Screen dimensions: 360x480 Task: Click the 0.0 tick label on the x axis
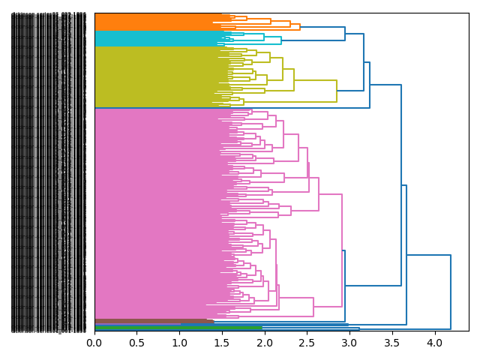(x=94, y=343)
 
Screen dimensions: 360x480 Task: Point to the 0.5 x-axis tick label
(x=136, y=343)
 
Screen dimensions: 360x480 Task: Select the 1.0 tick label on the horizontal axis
(x=179, y=343)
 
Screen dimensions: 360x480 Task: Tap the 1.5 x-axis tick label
(x=222, y=343)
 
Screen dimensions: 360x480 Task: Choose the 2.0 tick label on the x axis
(x=265, y=343)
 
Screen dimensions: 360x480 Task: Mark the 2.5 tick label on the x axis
(x=307, y=343)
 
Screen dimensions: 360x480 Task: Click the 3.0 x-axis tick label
(x=349, y=343)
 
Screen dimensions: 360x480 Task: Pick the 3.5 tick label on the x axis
(x=392, y=343)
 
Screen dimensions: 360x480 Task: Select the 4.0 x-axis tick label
(x=434, y=343)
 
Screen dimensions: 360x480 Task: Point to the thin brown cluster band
(x=150, y=321)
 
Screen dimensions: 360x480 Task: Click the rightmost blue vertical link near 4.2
(x=451, y=292)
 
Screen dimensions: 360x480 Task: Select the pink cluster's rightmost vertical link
(x=342, y=250)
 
